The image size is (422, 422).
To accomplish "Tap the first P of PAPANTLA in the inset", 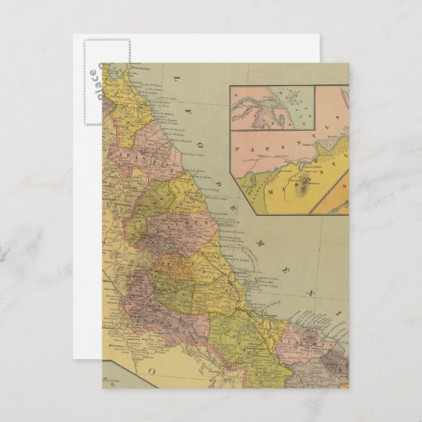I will click(240, 147).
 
